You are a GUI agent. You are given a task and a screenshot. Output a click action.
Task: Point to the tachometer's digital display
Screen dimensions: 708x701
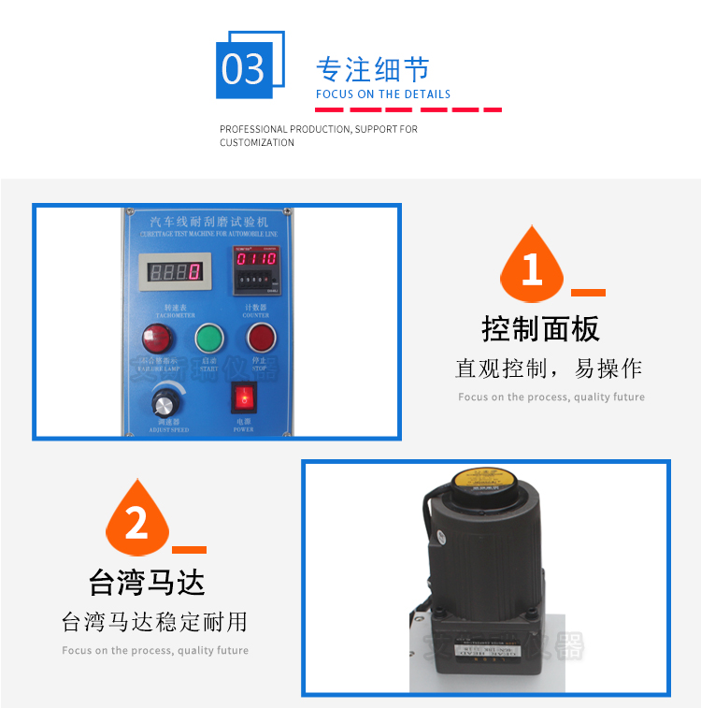tap(175, 273)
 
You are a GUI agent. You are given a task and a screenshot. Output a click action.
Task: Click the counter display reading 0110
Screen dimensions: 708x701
tap(254, 258)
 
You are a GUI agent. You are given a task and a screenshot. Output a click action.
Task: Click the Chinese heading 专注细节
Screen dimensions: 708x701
tap(373, 70)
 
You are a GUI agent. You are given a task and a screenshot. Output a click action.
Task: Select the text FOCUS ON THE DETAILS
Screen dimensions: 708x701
tap(383, 94)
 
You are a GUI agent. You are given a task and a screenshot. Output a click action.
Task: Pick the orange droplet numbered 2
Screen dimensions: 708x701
tap(136, 520)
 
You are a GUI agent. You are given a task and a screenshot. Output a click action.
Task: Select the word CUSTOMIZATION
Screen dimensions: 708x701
tap(257, 143)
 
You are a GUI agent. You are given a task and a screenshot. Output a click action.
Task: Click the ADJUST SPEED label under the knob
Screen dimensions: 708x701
tap(168, 430)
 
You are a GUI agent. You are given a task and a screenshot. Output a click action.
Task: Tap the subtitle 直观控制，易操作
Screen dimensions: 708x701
tap(549, 368)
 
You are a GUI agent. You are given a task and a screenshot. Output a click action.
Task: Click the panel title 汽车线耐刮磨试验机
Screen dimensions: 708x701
tap(209, 223)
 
